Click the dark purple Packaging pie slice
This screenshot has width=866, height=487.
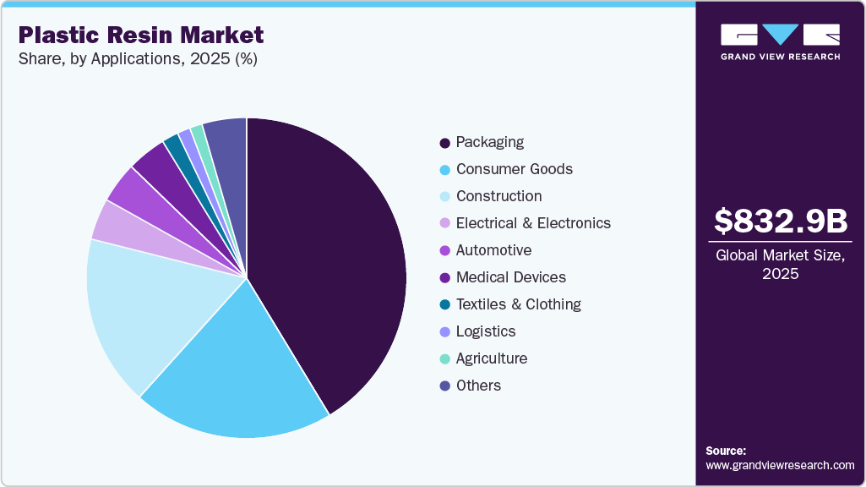[x=330, y=254]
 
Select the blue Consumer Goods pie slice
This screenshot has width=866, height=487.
[x=237, y=372]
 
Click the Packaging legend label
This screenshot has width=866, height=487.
[x=490, y=142]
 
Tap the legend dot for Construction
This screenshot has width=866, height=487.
[x=444, y=197]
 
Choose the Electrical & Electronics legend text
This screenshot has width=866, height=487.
[x=533, y=223]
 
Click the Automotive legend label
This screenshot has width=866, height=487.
[x=493, y=250]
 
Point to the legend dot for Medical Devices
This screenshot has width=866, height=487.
[x=444, y=278]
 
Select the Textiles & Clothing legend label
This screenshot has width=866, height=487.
[x=518, y=304]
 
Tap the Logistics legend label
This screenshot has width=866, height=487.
[x=486, y=331]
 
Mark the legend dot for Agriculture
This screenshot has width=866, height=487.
[x=444, y=359]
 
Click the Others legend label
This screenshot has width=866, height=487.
[x=478, y=386]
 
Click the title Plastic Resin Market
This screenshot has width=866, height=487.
[x=141, y=36]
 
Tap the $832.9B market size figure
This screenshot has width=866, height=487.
[x=781, y=222]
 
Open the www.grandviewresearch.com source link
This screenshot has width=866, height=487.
[x=780, y=466]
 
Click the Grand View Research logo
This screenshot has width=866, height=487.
[x=780, y=41]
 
